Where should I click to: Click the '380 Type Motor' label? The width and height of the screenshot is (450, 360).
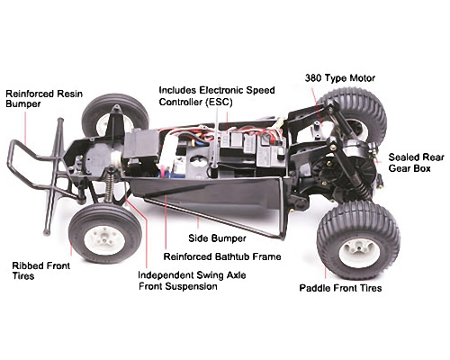[x=340, y=78]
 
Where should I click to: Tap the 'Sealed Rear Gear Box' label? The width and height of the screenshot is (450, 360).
[x=416, y=163]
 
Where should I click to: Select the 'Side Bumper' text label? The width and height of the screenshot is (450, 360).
[x=217, y=238]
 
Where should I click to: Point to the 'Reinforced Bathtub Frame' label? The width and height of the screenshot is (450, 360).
[x=222, y=256]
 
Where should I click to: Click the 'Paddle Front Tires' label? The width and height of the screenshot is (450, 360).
[x=340, y=288]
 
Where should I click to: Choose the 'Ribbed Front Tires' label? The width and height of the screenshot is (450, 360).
[x=41, y=271]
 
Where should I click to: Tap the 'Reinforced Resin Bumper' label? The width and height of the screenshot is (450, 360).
[x=44, y=99]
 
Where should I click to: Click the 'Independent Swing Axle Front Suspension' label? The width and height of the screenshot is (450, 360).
[x=192, y=281]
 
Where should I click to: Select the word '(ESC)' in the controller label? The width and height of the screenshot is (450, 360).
[x=219, y=102]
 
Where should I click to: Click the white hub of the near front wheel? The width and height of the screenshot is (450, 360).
[x=104, y=240]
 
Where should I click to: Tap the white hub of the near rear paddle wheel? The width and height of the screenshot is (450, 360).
[x=359, y=253]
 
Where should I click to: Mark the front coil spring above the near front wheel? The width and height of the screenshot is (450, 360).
[x=109, y=188]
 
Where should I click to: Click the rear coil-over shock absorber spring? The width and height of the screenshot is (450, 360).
[x=360, y=185]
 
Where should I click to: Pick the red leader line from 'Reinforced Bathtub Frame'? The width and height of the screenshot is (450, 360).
[x=166, y=222]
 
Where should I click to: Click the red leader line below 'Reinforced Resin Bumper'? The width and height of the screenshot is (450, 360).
[x=25, y=128]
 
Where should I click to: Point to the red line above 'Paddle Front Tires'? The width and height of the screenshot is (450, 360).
[x=326, y=271]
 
